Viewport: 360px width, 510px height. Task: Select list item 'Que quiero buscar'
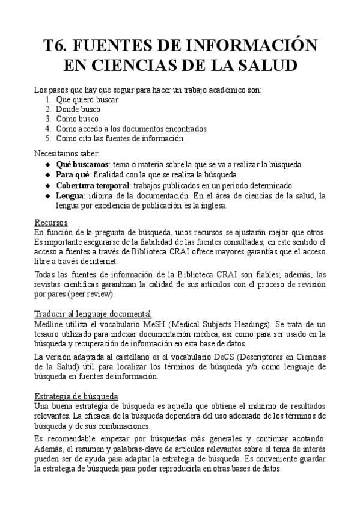pyautogui.click(x=87, y=100)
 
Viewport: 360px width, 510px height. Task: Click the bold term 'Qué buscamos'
pyautogui.click(x=82, y=164)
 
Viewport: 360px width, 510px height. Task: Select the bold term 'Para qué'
pyautogui.click(x=73, y=174)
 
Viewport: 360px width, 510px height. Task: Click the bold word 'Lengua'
pyautogui.click(x=70, y=196)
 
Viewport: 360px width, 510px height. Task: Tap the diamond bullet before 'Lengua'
pyautogui.click(x=49, y=196)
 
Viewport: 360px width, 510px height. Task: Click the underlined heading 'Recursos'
pyautogui.click(x=50, y=223)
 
